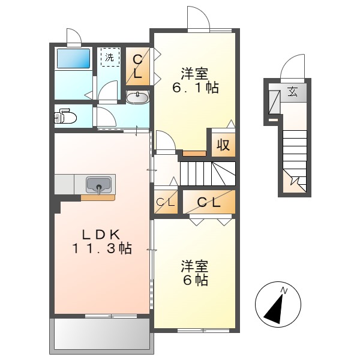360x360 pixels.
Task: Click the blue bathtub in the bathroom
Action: [x=73, y=59]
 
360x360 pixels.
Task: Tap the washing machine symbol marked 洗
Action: [x=109, y=58]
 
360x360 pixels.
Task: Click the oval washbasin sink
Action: [x=139, y=97]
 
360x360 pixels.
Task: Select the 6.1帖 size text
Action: [x=196, y=88]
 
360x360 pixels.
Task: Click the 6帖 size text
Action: [x=196, y=280]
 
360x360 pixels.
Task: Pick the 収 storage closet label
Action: [x=223, y=145]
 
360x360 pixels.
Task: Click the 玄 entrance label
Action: [x=292, y=92]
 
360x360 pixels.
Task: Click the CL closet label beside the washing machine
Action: [x=137, y=67]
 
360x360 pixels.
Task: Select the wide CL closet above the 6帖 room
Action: [x=209, y=203]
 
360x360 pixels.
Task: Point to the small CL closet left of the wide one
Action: [x=166, y=203]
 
